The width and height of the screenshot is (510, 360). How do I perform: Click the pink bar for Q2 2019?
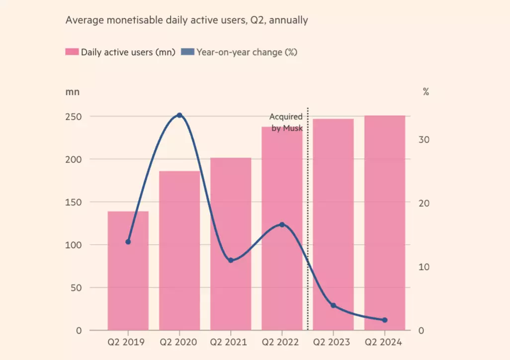coord(128,278)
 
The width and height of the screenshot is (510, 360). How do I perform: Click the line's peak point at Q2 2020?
coord(179,115)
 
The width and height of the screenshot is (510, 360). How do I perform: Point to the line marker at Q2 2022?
coord(282,225)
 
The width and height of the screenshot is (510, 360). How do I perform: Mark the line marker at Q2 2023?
coord(333,305)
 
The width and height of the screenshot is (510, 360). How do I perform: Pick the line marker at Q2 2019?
coord(128,242)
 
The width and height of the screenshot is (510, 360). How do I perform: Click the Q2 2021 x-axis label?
coord(231,343)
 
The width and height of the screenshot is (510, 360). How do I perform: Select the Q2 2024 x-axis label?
coord(384,343)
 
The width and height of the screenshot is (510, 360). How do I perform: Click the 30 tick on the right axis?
coord(424,140)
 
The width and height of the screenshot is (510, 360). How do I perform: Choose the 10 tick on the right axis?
coord(424,267)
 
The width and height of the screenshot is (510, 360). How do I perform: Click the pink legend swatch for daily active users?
coord(72,52)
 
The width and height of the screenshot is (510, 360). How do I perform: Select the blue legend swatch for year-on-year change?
coord(187,52)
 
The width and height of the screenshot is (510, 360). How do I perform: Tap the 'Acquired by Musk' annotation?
coord(286,122)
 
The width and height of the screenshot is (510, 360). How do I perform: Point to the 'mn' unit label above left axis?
coord(72,92)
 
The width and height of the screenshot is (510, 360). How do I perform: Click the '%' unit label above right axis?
coord(426,92)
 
